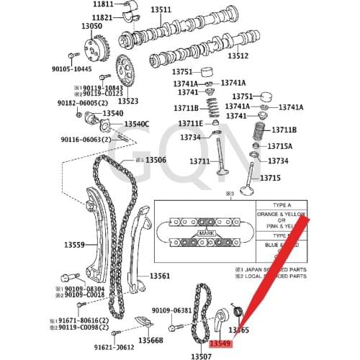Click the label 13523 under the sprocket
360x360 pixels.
[128, 102]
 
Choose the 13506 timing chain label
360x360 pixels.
[150, 160]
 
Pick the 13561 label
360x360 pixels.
[160, 276]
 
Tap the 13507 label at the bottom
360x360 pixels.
[201, 356]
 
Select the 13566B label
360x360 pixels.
[151, 340]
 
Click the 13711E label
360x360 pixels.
[191, 124]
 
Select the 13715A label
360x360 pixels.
[280, 146]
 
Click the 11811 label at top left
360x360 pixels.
[102, 4]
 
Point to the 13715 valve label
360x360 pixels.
[271, 178]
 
